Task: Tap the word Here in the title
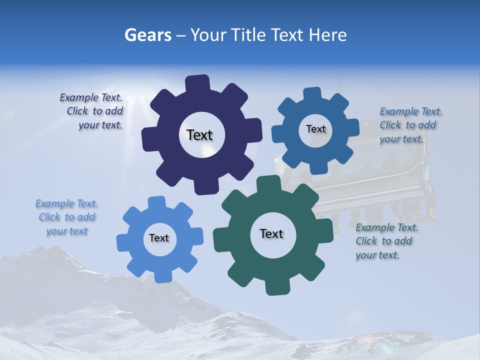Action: pos(328,35)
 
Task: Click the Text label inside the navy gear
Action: pos(199,135)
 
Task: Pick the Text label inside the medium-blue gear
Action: pos(315,129)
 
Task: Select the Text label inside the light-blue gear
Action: pos(159,238)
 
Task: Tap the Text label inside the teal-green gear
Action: pos(271,233)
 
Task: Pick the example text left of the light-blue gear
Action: pos(67,217)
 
